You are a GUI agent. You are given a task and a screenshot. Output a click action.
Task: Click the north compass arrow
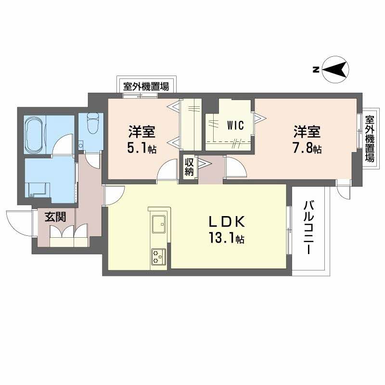[335, 70]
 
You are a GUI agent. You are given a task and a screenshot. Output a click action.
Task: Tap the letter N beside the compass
[315, 70]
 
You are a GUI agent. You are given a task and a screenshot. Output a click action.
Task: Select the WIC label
[235, 125]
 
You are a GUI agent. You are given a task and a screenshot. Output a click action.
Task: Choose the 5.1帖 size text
[141, 148]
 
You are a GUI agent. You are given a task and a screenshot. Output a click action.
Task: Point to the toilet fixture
[93, 125]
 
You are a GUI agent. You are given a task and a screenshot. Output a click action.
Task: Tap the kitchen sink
[158, 223]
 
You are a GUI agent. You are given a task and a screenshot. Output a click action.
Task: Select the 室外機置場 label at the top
[146, 87]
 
